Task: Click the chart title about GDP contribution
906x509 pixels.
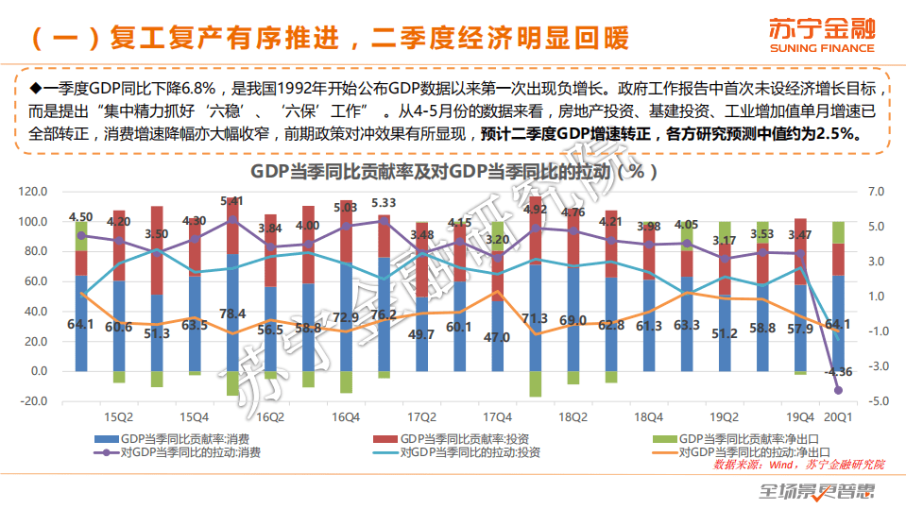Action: pos(453,172)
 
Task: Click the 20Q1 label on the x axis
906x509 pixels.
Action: pos(838,416)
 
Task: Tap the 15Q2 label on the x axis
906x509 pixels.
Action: pos(119,416)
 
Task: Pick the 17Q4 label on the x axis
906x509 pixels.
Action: pos(497,416)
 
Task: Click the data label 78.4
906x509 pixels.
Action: pos(232,314)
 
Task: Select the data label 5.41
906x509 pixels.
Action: pos(232,201)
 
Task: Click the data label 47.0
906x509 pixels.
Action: pos(497,336)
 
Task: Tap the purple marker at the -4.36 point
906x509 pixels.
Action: pos(838,390)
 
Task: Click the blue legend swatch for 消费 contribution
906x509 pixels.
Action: pos(106,439)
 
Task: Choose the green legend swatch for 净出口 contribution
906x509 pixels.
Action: pos(665,439)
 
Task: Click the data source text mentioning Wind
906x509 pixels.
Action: pos(799,465)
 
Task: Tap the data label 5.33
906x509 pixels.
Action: pos(384,203)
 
